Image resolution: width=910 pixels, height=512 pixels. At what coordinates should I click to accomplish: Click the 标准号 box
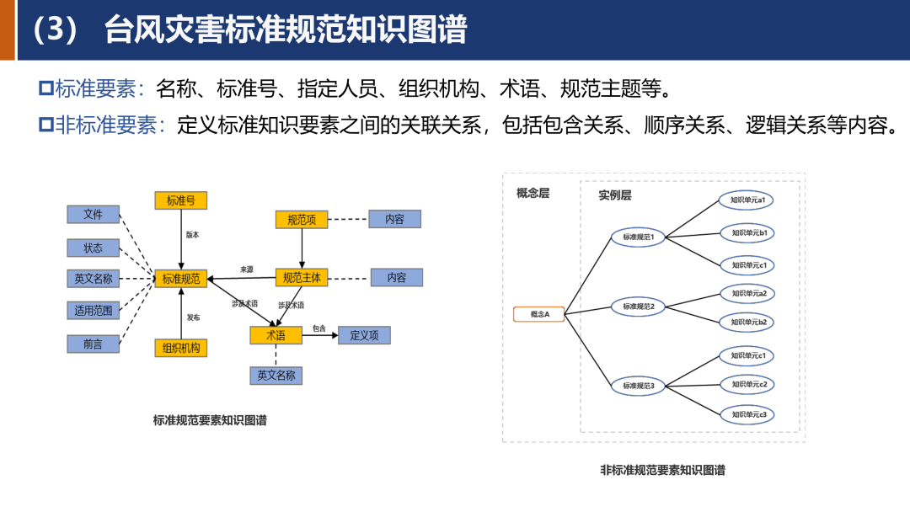pyautogui.click(x=181, y=200)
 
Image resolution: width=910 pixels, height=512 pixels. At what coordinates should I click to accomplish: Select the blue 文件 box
pyautogui.click(x=94, y=215)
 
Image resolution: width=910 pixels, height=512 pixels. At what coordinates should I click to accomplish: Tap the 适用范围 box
pyautogui.click(x=94, y=311)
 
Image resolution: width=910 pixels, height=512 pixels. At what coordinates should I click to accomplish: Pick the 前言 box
pyautogui.click(x=94, y=344)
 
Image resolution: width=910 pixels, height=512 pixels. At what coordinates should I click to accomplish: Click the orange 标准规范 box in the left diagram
pyautogui.click(x=181, y=279)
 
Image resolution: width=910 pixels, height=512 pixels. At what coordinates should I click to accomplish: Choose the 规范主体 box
pyautogui.click(x=302, y=277)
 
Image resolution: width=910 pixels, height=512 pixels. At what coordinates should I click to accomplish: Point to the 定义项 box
pyautogui.click(x=365, y=335)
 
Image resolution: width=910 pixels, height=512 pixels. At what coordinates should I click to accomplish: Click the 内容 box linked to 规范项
pyautogui.click(x=395, y=219)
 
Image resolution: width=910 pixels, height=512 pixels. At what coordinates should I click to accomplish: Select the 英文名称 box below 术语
pyautogui.click(x=276, y=376)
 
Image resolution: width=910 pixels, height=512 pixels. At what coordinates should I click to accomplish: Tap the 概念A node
pyautogui.click(x=539, y=314)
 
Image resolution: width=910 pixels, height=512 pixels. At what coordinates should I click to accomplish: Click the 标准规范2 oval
pyautogui.click(x=645, y=307)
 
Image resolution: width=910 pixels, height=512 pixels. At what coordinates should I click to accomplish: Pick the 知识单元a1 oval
pyautogui.click(x=747, y=200)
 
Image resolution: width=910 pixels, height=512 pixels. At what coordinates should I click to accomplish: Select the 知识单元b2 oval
pyautogui.click(x=747, y=322)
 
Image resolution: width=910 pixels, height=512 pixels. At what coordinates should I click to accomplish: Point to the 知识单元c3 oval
pyautogui.click(x=747, y=414)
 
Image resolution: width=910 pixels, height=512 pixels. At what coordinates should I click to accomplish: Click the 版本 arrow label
pyautogui.click(x=193, y=235)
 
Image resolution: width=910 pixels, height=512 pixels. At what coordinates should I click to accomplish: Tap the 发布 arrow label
pyautogui.click(x=193, y=317)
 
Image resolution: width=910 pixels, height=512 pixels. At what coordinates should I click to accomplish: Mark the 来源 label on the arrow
pyautogui.click(x=247, y=270)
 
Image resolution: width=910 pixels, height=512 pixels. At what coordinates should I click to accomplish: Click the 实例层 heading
pyautogui.click(x=615, y=195)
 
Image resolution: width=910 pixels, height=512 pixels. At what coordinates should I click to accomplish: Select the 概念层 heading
pyautogui.click(x=533, y=193)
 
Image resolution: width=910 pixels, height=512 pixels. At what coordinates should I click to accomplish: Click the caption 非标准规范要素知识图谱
pyautogui.click(x=662, y=471)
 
